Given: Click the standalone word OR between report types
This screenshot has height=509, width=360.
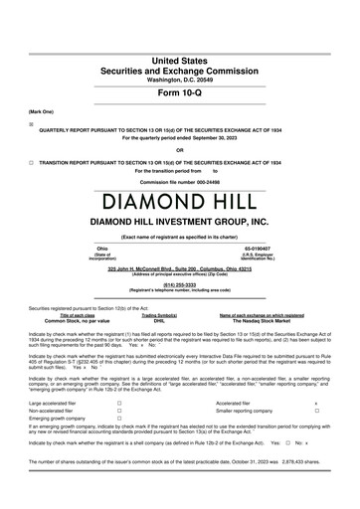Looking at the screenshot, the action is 179,123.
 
